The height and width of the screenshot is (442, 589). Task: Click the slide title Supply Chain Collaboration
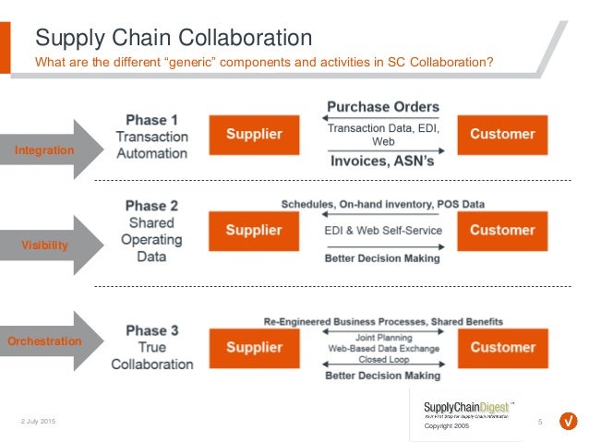pyautogui.click(x=173, y=38)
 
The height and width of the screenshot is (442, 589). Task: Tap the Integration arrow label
pyautogui.click(x=44, y=149)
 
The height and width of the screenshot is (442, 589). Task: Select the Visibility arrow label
pyautogui.click(x=45, y=245)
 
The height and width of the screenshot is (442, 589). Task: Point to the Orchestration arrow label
pyautogui.click(x=43, y=341)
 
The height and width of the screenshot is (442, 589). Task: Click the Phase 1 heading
pyautogui.click(x=151, y=120)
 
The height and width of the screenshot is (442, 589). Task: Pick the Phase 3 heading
pyautogui.click(x=151, y=330)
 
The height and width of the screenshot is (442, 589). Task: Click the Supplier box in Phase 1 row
pyautogui.click(x=254, y=135)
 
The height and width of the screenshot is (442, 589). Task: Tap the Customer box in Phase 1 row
pyautogui.click(x=502, y=135)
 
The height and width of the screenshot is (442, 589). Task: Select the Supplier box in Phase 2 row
pyautogui.click(x=254, y=231)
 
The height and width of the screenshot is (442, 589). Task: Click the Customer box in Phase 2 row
pyautogui.click(x=502, y=231)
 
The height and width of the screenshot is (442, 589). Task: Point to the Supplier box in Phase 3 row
pyautogui.click(x=254, y=348)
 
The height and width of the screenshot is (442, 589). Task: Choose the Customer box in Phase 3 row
pyautogui.click(x=502, y=348)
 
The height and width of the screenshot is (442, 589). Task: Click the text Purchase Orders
pyautogui.click(x=382, y=107)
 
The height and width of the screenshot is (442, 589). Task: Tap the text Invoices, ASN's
pyautogui.click(x=382, y=162)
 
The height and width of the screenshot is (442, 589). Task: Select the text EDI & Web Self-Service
pyautogui.click(x=382, y=231)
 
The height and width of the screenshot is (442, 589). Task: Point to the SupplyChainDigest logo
pyautogui.click(x=467, y=408)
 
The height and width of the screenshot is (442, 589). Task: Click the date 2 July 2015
pyautogui.click(x=38, y=422)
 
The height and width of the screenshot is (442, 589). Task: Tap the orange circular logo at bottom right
pyautogui.click(x=569, y=422)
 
